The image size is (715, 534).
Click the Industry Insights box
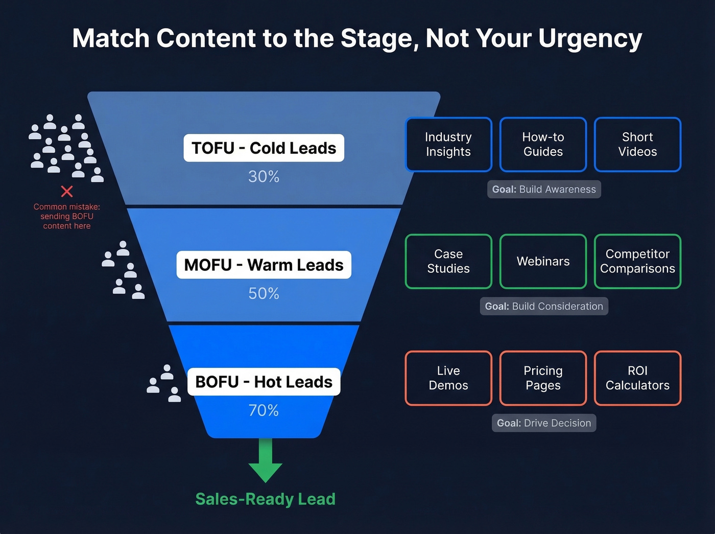click(448, 145)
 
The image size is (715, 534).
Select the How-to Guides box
click(543, 145)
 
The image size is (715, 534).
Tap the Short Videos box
click(637, 145)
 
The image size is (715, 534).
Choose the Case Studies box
click(448, 261)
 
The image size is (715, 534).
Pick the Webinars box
click(543, 261)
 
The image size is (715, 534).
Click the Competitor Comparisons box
click(637, 261)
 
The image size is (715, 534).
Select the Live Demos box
click(448, 378)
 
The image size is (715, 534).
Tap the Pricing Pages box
click(543, 378)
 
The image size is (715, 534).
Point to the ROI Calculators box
click(637, 378)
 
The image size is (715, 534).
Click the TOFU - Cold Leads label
click(264, 148)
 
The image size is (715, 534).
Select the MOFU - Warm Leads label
click(264, 265)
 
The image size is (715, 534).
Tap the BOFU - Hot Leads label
click(264, 382)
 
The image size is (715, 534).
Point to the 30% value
click(264, 177)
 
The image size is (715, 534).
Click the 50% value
click(264, 293)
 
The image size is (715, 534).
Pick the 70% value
click(264, 410)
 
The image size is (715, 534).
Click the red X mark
click(67, 192)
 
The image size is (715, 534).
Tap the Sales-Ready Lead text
click(265, 499)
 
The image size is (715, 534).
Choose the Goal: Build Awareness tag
click(544, 189)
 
